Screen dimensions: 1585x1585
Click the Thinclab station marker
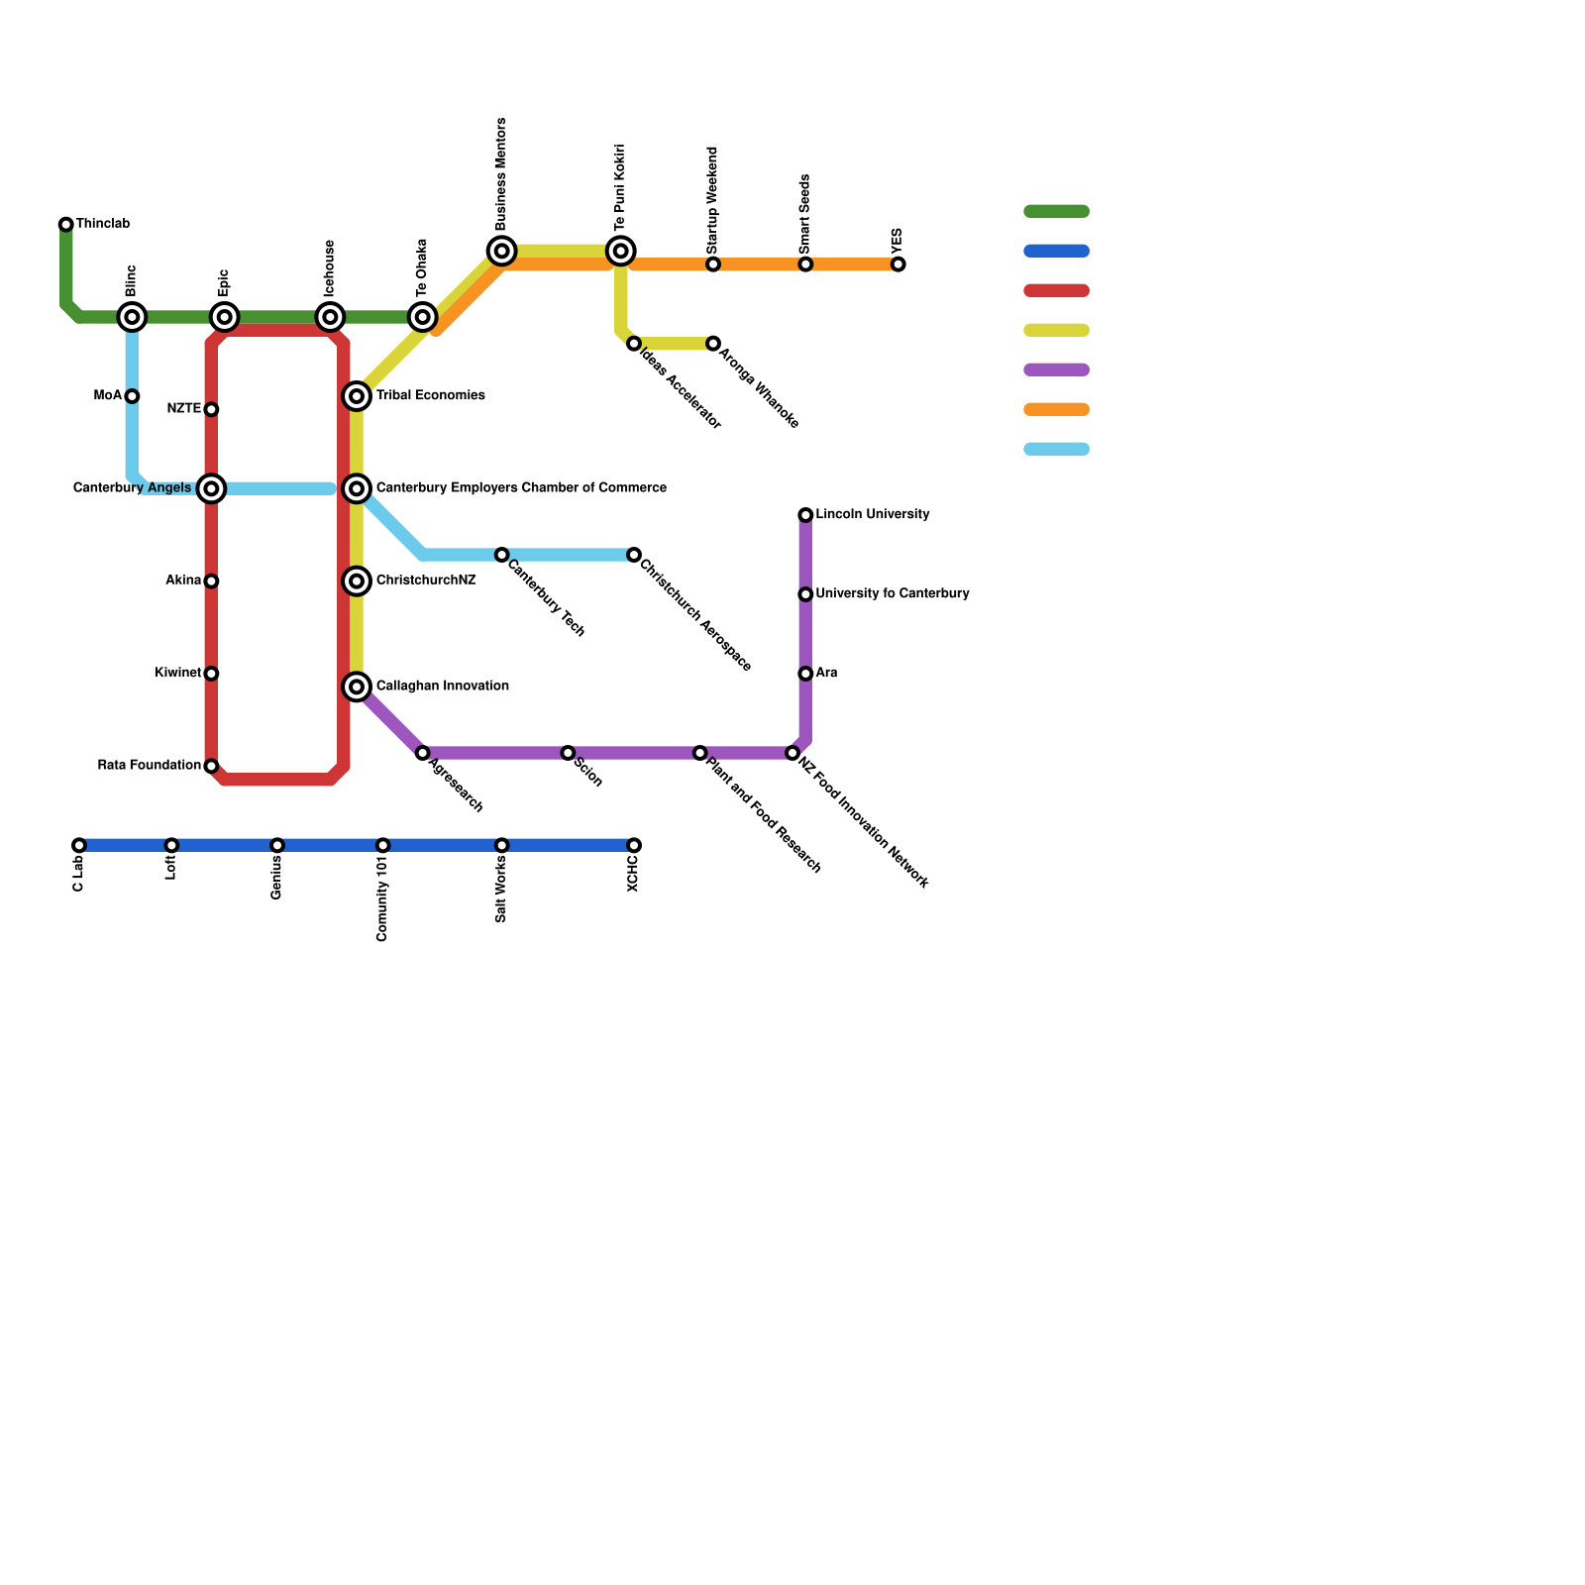point(66,225)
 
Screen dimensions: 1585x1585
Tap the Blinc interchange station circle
point(132,317)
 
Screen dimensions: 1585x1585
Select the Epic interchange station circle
point(225,317)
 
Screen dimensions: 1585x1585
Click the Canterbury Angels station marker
point(211,488)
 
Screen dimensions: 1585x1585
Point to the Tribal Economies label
point(430,396)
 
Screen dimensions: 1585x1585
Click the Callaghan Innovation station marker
point(357,687)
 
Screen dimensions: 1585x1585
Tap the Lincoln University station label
point(872,515)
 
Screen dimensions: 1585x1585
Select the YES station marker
point(898,264)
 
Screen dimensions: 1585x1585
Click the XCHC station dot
point(634,845)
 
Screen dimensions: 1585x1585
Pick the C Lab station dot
point(79,845)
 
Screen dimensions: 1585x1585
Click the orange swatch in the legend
point(1056,409)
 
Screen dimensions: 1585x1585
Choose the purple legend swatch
point(1056,370)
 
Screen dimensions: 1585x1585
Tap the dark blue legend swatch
point(1056,251)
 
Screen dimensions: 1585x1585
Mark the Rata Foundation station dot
point(211,766)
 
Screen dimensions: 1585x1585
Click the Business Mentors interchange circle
point(502,251)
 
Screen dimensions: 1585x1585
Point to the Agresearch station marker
point(423,753)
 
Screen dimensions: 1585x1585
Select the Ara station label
point(826,674)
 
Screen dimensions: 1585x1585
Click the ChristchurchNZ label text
point(426,581)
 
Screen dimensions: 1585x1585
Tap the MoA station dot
point(132,396)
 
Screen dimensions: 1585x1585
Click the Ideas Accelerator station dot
point(634,344)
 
